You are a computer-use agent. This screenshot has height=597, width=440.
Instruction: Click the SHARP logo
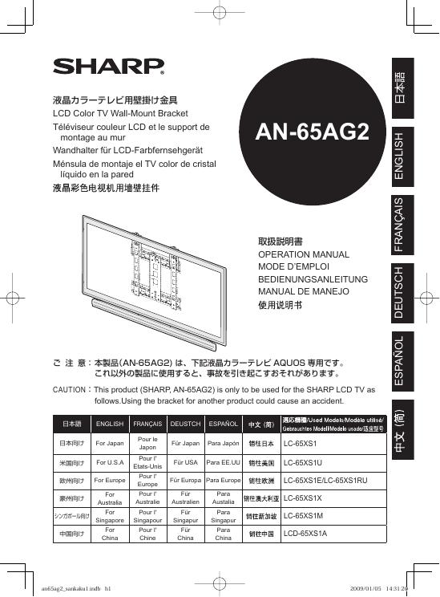108,65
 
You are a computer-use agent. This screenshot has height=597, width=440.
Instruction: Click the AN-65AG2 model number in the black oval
312,132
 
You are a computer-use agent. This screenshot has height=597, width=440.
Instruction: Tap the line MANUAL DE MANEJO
301,292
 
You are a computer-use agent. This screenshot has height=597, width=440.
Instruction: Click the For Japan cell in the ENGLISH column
109,443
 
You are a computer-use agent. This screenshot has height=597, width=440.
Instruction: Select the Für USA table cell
185,463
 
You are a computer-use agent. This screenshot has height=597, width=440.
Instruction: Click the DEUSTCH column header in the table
185,423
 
